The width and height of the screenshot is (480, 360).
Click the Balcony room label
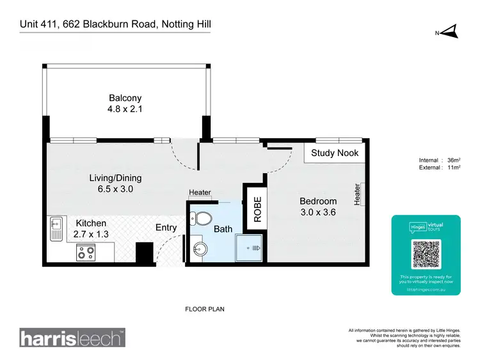(x=125, y=98)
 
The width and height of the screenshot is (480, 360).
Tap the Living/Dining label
(x=115, y=178)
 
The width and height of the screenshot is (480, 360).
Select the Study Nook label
(x=335, y=153)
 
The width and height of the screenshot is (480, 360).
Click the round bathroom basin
(x=197, y=248)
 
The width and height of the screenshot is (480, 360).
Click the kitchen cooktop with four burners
(x=85, y=254)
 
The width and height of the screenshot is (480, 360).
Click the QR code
(x=426, y=255)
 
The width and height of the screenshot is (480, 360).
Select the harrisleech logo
(x=72, y=338)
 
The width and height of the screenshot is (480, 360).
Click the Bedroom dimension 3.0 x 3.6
(x=318, y=213)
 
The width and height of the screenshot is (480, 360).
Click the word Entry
(x=166, y=228)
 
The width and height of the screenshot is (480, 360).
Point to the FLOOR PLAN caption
(x=204, y=309)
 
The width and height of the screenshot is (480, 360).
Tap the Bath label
(x=223, y=229)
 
